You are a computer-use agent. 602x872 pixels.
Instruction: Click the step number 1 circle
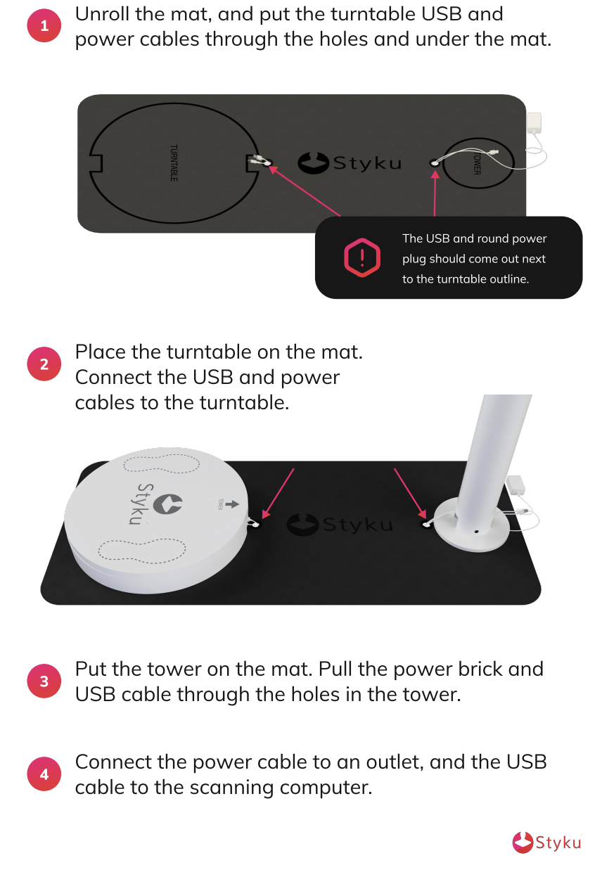[x=44, y=26]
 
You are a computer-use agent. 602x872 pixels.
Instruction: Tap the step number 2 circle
[x=44, y=364]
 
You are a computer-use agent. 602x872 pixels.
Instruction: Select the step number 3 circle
[x=44, y=681]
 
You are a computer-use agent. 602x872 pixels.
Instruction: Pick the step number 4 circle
[x=44, y=774]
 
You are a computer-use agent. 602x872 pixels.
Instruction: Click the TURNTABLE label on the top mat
[x=174, y=163]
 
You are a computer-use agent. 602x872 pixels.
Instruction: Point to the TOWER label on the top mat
[x=477, y=163]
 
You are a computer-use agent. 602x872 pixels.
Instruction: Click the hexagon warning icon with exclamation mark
[x=362, y=257]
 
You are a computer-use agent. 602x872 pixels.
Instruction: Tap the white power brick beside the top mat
[x=534, y=123]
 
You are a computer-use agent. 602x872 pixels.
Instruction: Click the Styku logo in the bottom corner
[x=546, y=842]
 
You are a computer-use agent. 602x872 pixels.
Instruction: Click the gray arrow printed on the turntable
[x=231, y=504]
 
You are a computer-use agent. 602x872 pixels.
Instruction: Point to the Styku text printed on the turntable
[x=141, y=504]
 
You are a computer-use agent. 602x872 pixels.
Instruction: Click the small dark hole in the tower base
[x=476, y=531]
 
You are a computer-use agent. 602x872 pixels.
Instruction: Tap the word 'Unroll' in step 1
[x=102, y=14]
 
